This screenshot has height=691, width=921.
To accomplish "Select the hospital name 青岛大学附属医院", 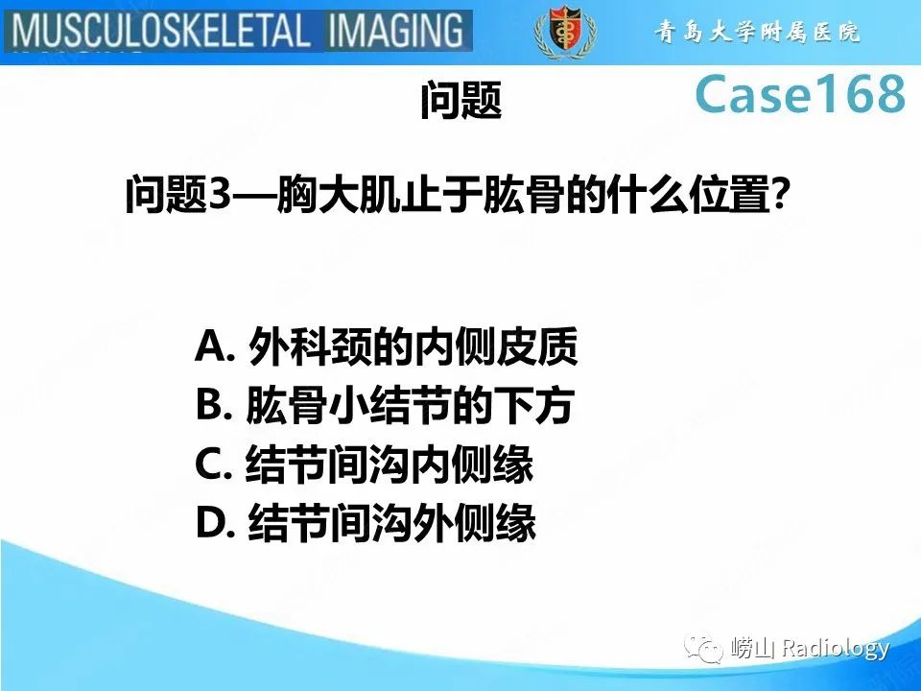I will click(758, 33).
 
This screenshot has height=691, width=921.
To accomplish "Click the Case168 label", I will click(799, 94).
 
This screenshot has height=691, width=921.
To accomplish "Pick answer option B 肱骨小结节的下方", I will click(384, 407).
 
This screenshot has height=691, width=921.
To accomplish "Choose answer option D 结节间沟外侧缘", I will click(366, 524).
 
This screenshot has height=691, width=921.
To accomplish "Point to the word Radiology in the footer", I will click(835, 650).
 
